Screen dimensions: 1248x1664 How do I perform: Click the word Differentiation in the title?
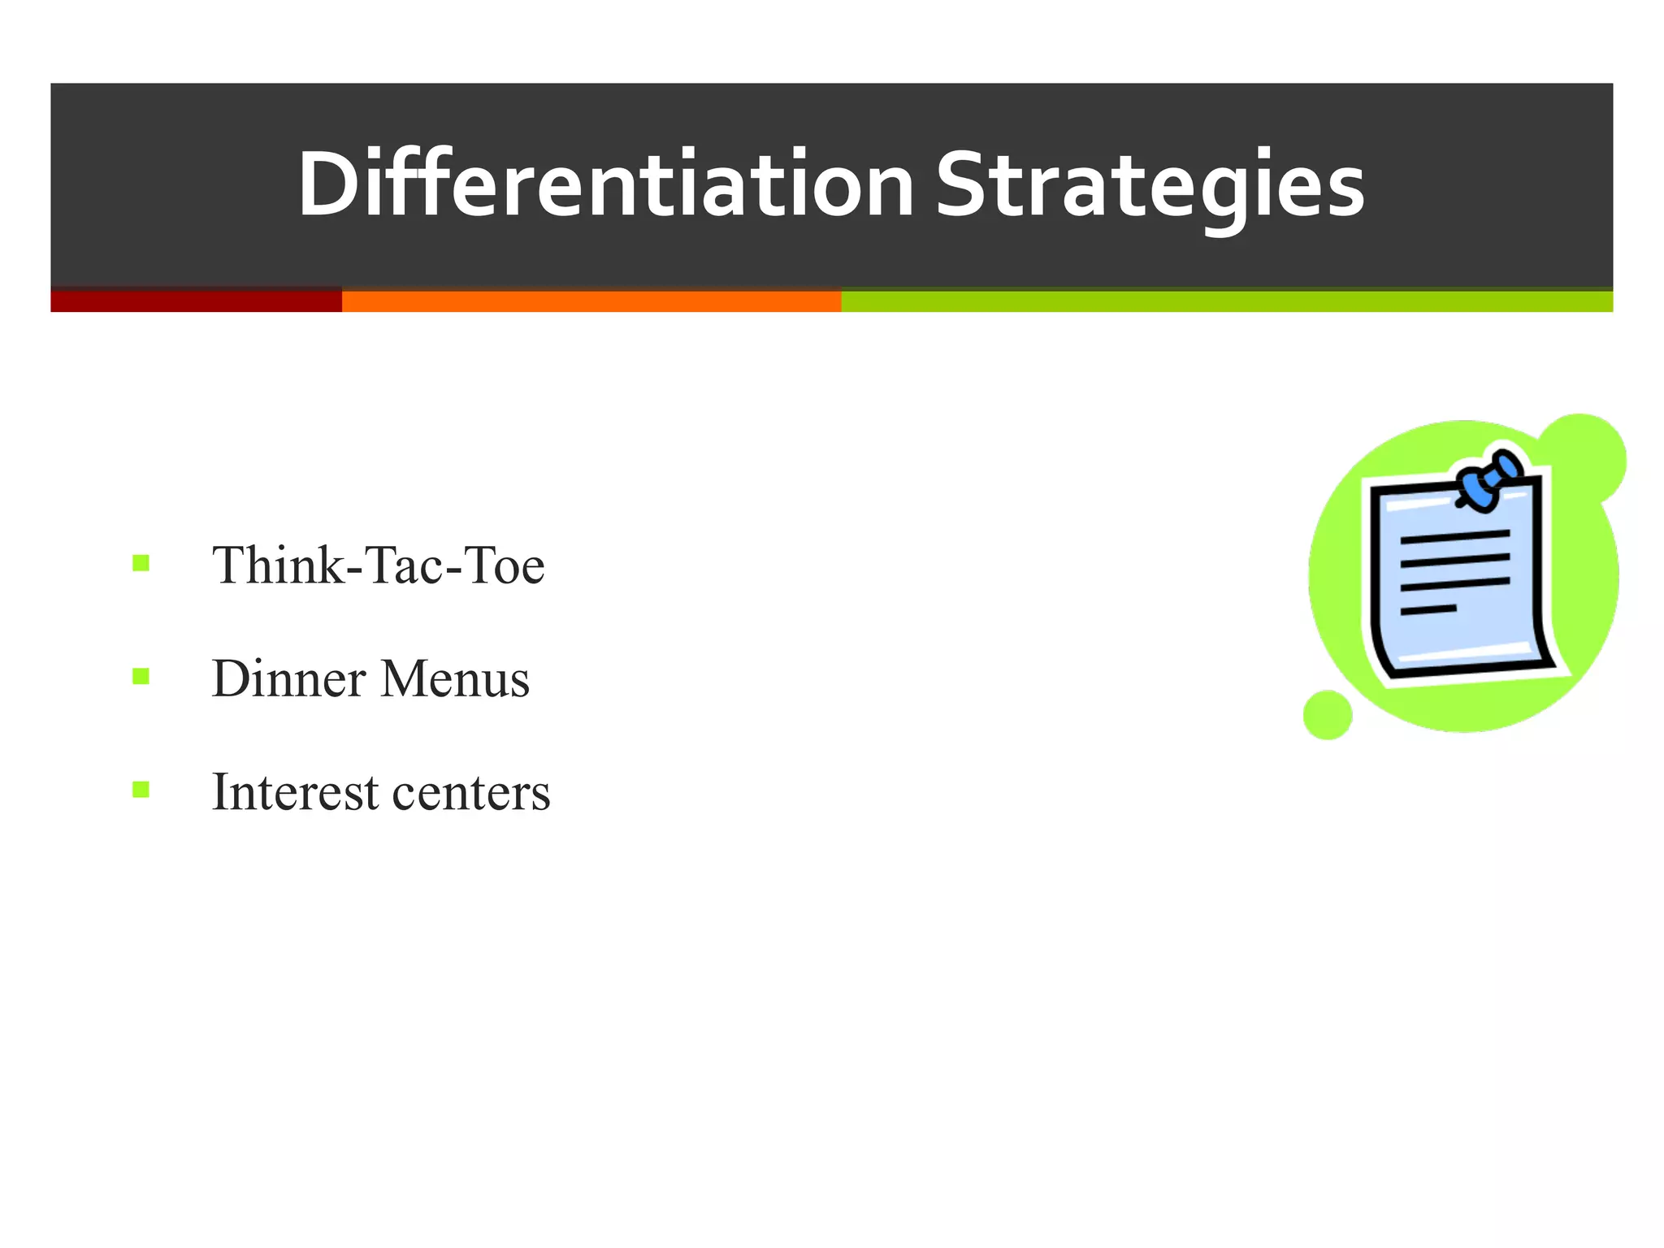605,185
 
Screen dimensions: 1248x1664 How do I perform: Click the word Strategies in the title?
1150,185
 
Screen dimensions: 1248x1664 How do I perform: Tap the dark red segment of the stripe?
196,301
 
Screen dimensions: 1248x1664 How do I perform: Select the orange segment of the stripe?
591,301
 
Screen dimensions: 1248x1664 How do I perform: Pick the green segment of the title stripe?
1227,301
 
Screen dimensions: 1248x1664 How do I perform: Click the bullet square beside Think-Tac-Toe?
141,563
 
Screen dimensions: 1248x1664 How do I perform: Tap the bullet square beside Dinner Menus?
141,676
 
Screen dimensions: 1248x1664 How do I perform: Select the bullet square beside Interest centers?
141,789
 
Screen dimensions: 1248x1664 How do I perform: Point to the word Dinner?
288,678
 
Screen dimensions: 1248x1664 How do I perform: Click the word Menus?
455,678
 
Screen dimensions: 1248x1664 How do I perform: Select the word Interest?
295,791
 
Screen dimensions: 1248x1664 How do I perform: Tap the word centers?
471,793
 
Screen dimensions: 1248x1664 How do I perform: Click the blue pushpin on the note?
1488,481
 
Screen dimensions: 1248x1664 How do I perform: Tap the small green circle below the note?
1328,715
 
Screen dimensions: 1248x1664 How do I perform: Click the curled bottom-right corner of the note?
1548,658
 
